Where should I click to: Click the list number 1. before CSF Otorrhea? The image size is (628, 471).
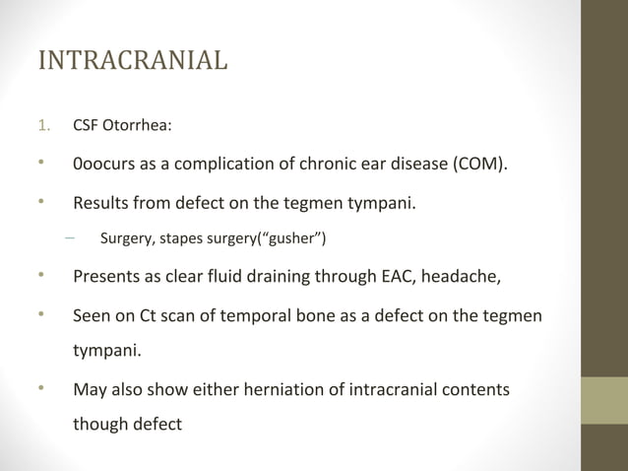[44, 125]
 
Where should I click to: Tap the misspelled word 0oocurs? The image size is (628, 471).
[106, 163]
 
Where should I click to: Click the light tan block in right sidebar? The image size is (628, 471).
[606, 400]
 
